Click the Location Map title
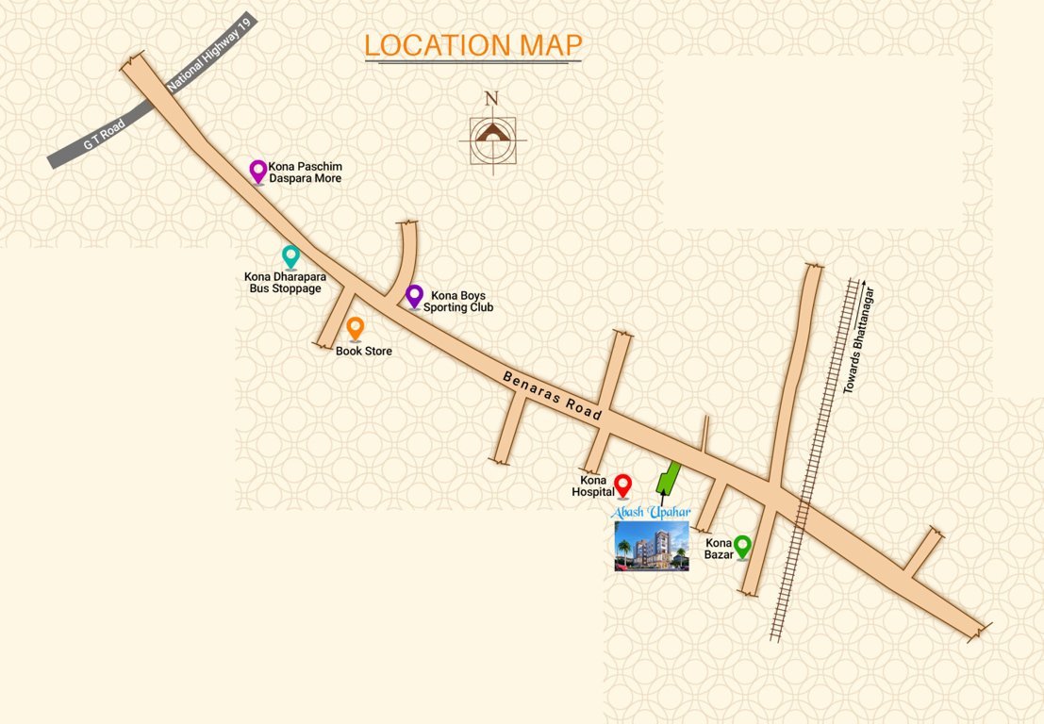tap(473, 44)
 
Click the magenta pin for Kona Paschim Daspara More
tap(257, 171)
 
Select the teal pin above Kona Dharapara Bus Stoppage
tap(291, 255)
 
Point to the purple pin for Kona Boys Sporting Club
tap(414, 295)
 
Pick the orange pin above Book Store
tap(356, 328)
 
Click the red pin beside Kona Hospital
tap(622, 485)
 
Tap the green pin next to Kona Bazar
tap(742, 545)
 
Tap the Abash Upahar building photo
tap(652, 546)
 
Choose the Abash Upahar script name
tap(652, 511)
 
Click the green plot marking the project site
tap(669, 477)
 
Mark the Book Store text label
tap(364, 352)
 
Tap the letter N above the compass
tap(491, 98)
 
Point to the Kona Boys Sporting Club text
tap(457, 301)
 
